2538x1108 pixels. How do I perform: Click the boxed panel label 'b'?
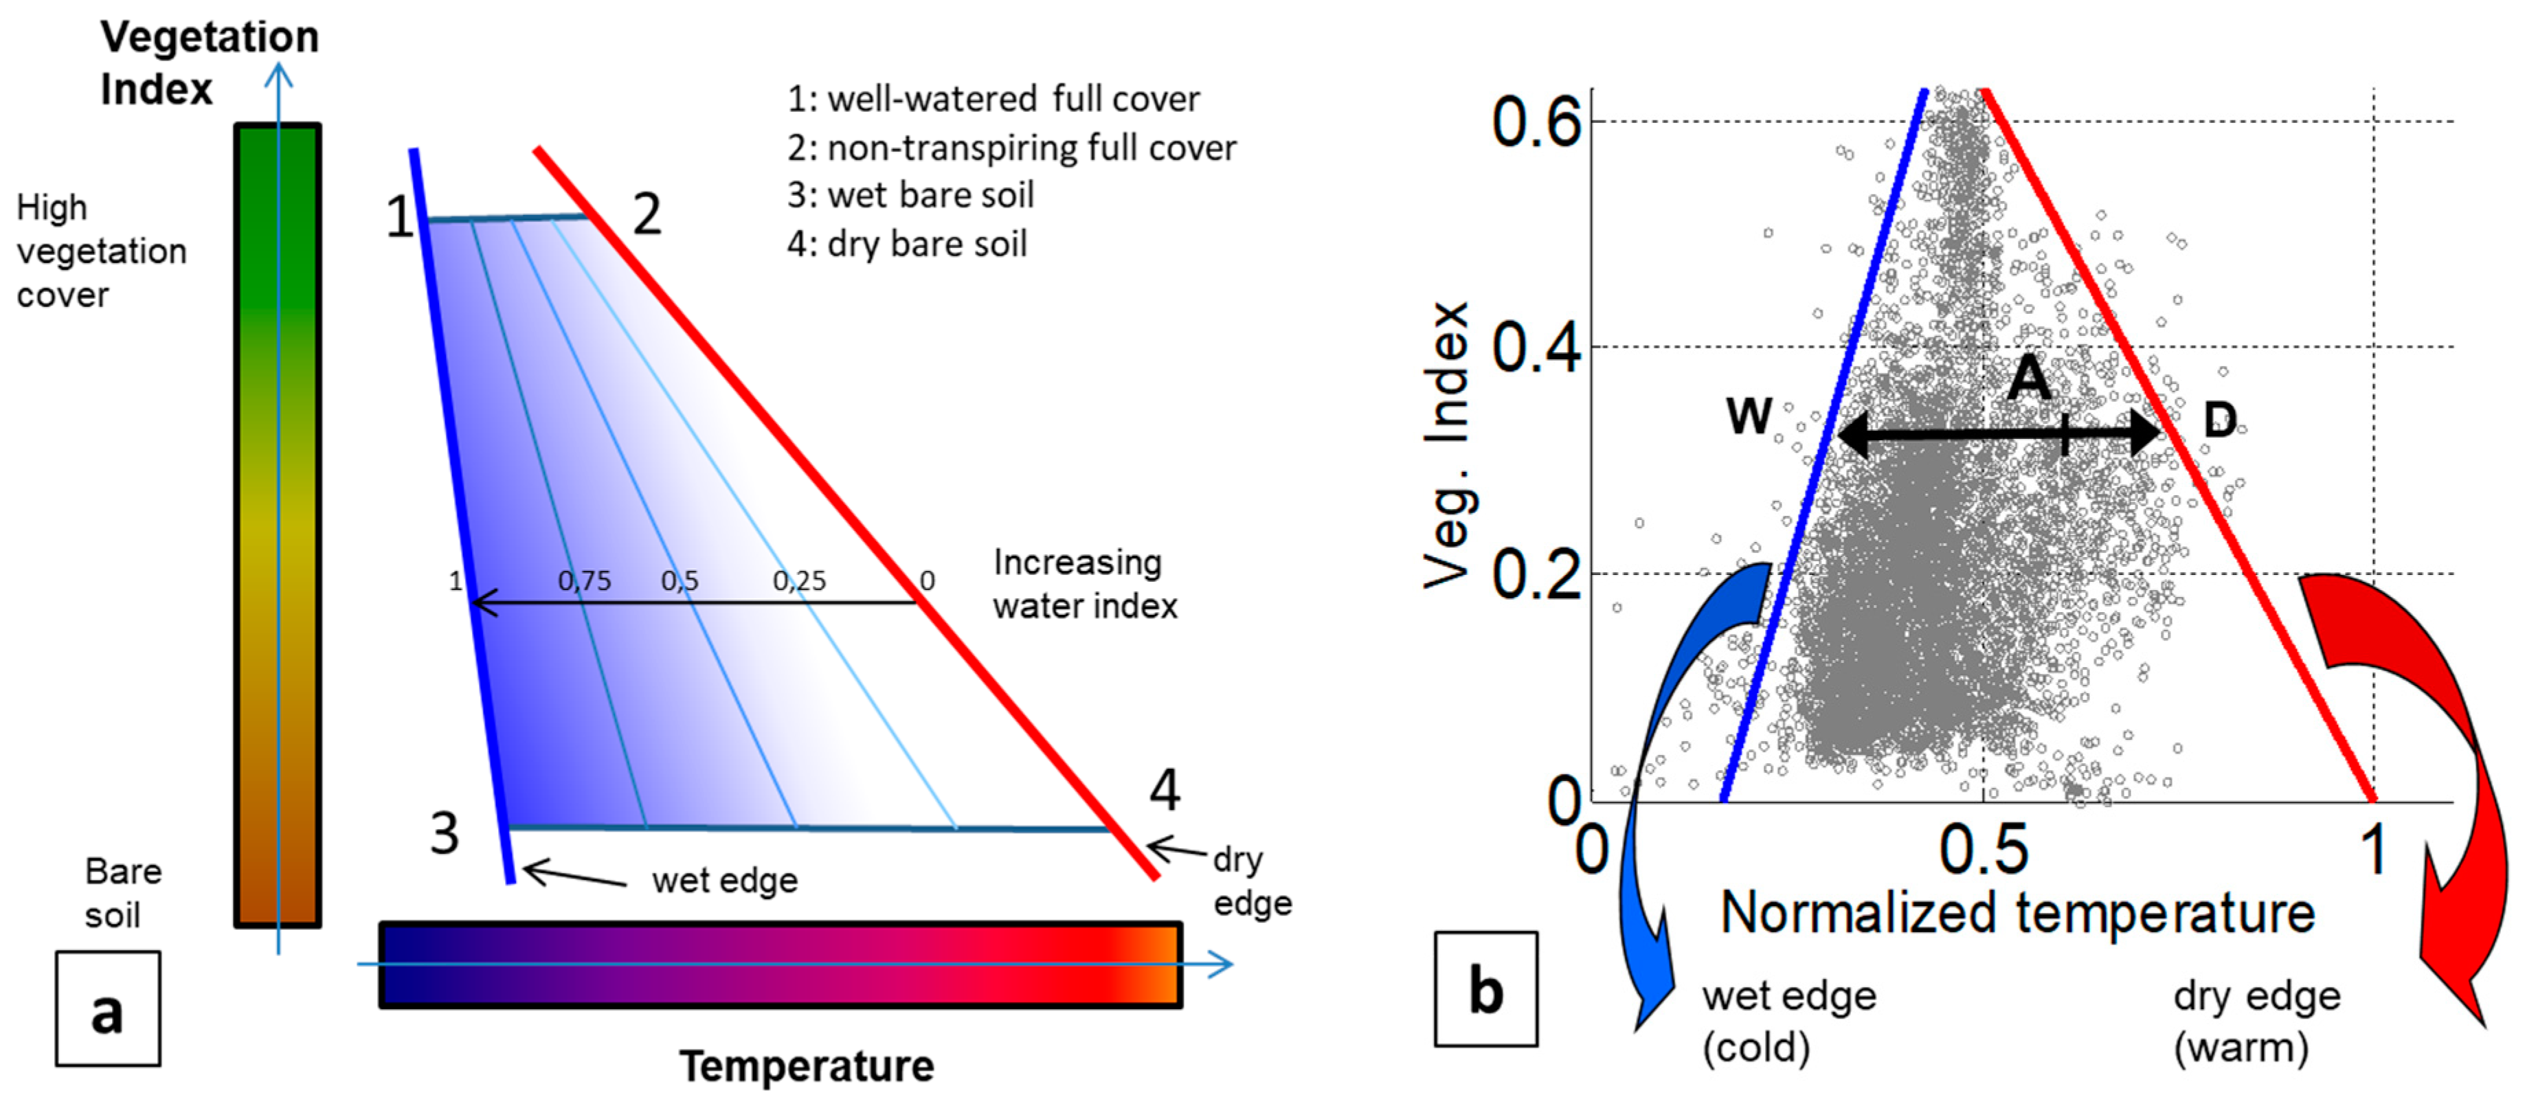click(x=1485, y=989)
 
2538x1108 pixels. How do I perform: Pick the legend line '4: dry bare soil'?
click(x=906, y=243)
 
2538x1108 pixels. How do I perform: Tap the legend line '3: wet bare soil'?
click(x=910, y=195)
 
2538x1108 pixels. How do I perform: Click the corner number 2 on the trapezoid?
click(x=647, y=214)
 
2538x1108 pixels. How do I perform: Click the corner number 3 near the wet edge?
click(x=445, y=833)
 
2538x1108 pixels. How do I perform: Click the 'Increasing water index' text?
click(x=1083, y=583)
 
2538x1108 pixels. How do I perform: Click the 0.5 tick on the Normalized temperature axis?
click(x=1984, y=849)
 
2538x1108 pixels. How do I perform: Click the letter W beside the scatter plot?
click(x=1749, y=416)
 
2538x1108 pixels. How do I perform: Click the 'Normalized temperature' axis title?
click(x=2017, y=913)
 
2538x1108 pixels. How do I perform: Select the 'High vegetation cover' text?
click(x=100, y=251)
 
